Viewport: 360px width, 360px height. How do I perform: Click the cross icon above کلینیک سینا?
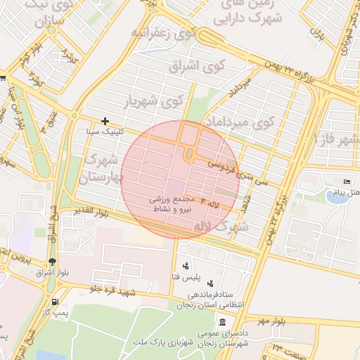pos(105,122)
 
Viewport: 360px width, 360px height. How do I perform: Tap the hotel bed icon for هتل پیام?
pos(345,181)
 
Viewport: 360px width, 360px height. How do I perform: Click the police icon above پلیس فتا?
pos(185,266)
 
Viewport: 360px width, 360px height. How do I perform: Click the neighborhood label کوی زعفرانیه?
pos(163,33)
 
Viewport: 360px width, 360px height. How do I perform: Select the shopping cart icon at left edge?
pos(3,78)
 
